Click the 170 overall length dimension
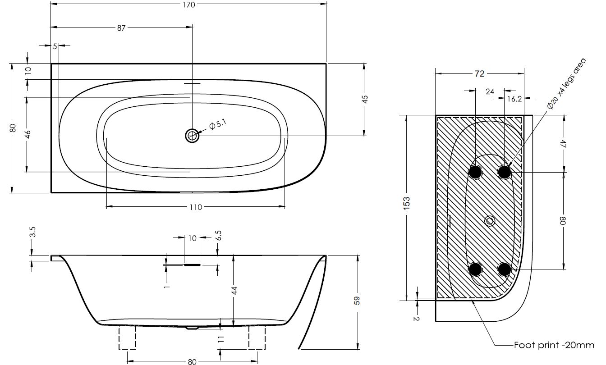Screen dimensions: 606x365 click(188, 5)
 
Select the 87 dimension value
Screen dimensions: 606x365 click(121, 28)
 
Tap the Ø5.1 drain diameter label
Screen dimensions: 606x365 click(218, 125)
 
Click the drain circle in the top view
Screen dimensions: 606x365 click(192, 136)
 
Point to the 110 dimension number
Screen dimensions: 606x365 click(196, 207)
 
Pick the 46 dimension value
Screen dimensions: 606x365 click(28, 134)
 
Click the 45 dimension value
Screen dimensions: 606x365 click(365, 99)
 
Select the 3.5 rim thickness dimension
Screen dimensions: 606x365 click(33, 232)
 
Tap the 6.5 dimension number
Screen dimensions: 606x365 click(219, 235)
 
